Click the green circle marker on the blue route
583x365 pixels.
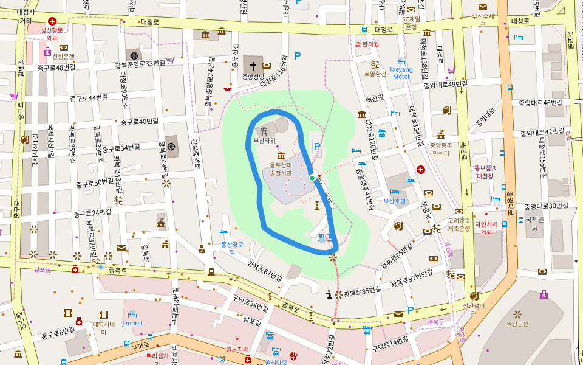click(312, 178)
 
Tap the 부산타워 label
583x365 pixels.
click(264, 141)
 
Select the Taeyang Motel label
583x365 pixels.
click(401, 73)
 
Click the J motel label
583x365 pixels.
click(132, 323)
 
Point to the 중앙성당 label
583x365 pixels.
click(253, 77)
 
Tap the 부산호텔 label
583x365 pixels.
click(394, 200)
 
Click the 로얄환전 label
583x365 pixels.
click(375, 74)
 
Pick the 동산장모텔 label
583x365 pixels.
click(232, 248)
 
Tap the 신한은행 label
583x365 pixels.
click(63, 57)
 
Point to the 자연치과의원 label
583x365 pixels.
click(485, 228)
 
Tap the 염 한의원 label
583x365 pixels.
click(367, 44)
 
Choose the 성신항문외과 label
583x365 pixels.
click(52, 33)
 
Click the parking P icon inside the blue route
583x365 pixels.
click(316, 147)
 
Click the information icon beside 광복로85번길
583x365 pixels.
click(329, 294)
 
